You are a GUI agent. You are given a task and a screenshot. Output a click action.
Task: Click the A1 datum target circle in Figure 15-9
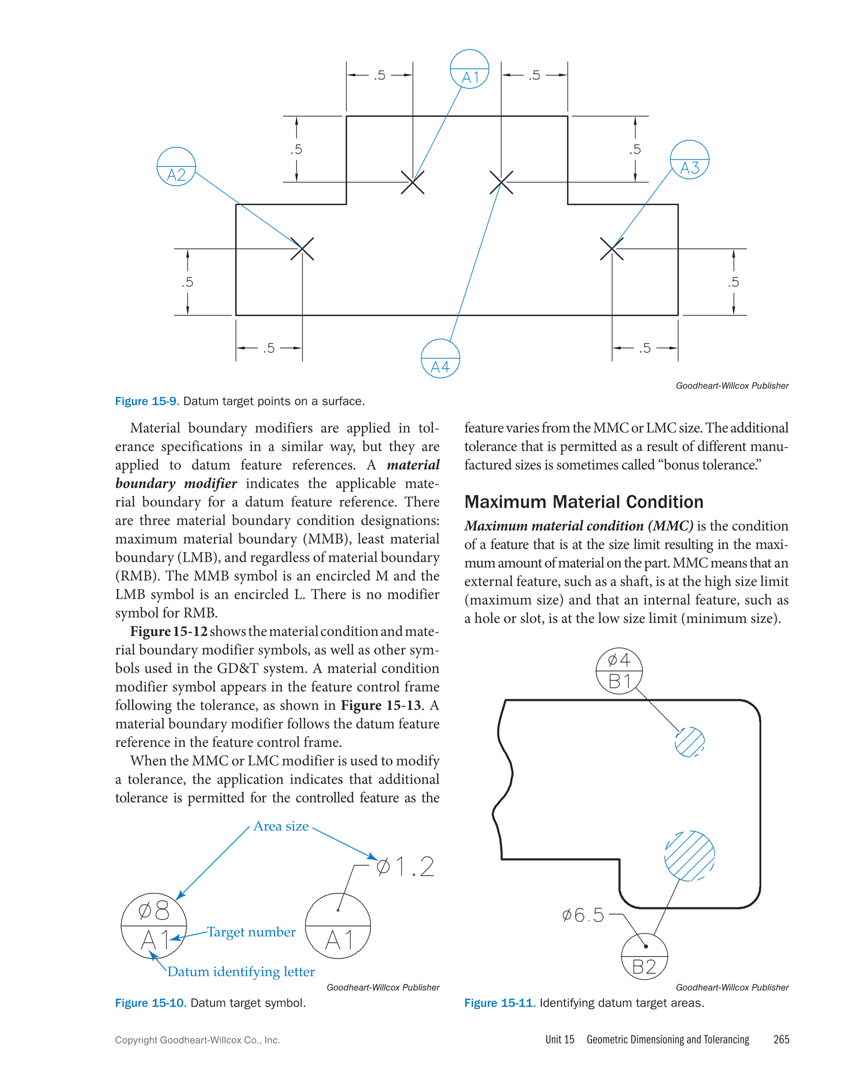[469, 69]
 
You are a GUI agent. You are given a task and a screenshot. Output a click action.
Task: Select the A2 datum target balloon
[176, 167]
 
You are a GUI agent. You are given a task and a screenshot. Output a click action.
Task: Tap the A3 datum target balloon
[689, 160]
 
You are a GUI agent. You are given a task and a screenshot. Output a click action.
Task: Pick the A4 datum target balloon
[440, 359]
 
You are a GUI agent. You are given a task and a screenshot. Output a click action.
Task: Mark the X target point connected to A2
[302, 249]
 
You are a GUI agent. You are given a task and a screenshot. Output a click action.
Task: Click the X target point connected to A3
[612, 249]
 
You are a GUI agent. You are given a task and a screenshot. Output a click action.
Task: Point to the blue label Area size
[281, 827]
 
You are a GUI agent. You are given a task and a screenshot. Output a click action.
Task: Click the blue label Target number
[251, 932]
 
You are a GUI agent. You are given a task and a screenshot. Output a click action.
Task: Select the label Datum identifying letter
[241, 972]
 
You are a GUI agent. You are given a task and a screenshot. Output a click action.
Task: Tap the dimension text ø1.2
[405, 867]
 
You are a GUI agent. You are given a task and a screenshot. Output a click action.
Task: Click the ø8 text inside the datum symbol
[154, 910]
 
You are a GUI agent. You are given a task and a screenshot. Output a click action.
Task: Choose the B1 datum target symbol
[619, 671]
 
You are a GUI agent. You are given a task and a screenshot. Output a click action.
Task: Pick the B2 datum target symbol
[644, 957]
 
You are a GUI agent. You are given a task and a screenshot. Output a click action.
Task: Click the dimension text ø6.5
[583, 915]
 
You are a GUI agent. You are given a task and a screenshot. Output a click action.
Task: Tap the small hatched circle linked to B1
[689, 742]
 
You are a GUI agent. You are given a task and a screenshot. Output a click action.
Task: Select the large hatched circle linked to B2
[689, 856]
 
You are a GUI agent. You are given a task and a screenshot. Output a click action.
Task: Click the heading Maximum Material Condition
[584, 502]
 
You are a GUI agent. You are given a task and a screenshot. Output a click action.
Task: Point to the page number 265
[781, 1040]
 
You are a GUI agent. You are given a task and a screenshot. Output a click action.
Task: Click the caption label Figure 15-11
[499, 1003]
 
